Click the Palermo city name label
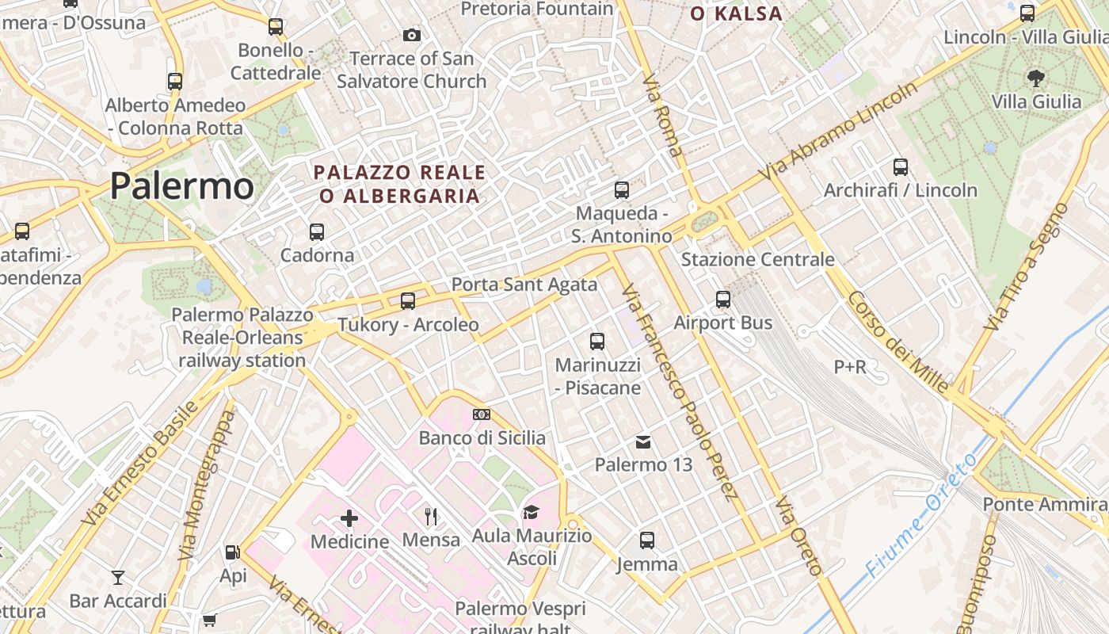pos(181,186)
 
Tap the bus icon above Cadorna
pos(317,231)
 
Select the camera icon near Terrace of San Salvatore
pos(412,35)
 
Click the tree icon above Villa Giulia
pos(1035,78)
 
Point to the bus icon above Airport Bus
pos(723,299)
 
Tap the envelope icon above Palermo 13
pos(643,441)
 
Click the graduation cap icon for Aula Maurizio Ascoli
pos(531,512)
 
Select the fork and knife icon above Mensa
pos(431,517)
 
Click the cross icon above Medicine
pos(349,518)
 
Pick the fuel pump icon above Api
pos(232,552)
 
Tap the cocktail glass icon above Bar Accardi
pos(118,577)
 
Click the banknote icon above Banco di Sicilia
pos(482,414)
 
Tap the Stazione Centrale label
pos(758,259)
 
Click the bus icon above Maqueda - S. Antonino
pos(622,189)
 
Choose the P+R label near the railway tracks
pos(850,366)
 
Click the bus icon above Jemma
pos(647,540)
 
